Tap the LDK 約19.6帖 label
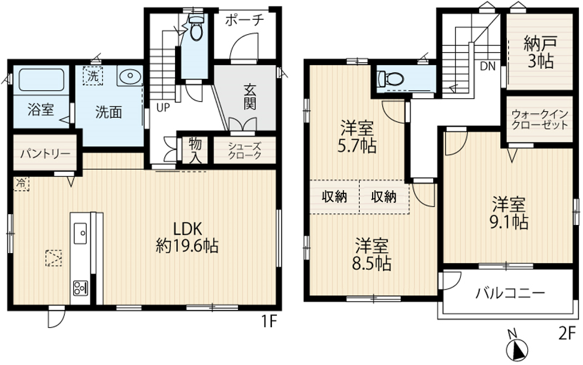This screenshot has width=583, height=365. [187, 237]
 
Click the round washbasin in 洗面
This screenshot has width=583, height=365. [130, 76]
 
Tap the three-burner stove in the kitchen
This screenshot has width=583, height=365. [80, 287]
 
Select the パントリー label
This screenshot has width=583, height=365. [46, 153]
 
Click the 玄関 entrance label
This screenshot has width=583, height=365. [250, 98]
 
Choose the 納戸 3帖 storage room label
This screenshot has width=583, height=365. [540, 52]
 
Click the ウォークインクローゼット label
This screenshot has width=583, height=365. [540, 119]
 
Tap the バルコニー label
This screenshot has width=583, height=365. [510, 294]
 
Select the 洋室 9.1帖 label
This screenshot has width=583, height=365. [509, 213]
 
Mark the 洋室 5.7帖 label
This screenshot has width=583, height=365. [357, 138]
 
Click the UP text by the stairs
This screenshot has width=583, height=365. [163, 108]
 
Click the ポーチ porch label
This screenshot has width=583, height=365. [244, 20]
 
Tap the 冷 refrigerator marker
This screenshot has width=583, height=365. [21, 184]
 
